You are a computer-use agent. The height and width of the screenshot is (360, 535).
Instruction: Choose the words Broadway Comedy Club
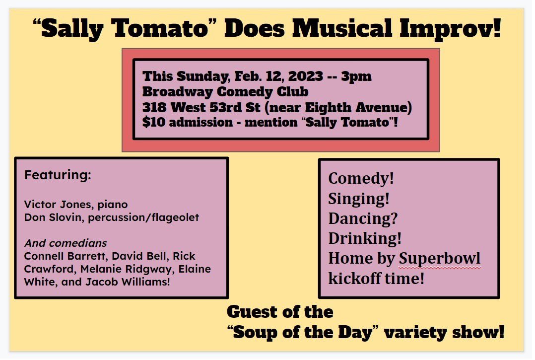tap(225, 92)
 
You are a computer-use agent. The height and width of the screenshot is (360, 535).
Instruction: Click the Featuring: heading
tap(58, 175)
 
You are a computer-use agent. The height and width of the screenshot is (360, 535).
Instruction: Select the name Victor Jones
tap(50, 204)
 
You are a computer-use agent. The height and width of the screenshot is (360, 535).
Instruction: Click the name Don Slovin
tap(47, 218)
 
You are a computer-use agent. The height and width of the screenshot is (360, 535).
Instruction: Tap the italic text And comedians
tap(66, 243)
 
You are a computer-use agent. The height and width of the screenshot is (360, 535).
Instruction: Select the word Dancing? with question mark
tap(363, 218)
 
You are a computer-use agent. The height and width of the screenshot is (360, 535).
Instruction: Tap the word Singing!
tap(359, 199)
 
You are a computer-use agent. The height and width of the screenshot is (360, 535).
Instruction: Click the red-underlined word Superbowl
tap(440, 259)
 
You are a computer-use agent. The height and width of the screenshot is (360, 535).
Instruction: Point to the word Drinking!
tap(365, 238)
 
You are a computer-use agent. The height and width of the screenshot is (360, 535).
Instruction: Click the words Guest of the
tap(280, 312)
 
